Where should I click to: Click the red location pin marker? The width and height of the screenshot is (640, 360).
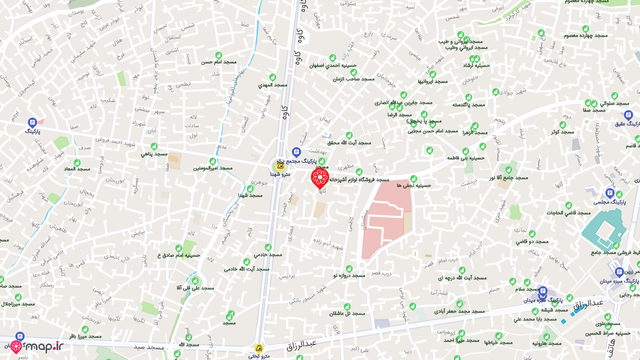pos(320,177)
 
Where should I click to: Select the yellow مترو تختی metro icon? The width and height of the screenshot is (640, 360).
pos(259,348)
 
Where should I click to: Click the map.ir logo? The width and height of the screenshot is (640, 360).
pos(37,346)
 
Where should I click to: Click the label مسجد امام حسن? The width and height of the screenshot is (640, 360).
pos(218,62)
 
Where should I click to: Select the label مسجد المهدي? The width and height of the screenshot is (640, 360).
pos(272,85)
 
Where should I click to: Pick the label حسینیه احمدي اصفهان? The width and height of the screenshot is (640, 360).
pos(332,65)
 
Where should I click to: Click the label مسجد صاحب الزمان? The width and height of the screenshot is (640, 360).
pos(353,79)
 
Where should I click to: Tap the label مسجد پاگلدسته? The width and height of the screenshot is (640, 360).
pos(468,104)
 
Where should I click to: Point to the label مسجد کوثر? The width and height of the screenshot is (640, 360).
pos(562,132)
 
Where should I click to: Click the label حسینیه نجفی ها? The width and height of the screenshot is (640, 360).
pos(413,185)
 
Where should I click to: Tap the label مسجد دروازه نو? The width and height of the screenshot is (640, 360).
pos(349,275)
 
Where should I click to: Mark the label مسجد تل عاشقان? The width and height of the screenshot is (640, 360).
pos(347,313)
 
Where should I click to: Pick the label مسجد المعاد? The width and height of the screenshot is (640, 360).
pos(76,169)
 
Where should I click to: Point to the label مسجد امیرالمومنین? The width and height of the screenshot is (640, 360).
pos(212,168)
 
